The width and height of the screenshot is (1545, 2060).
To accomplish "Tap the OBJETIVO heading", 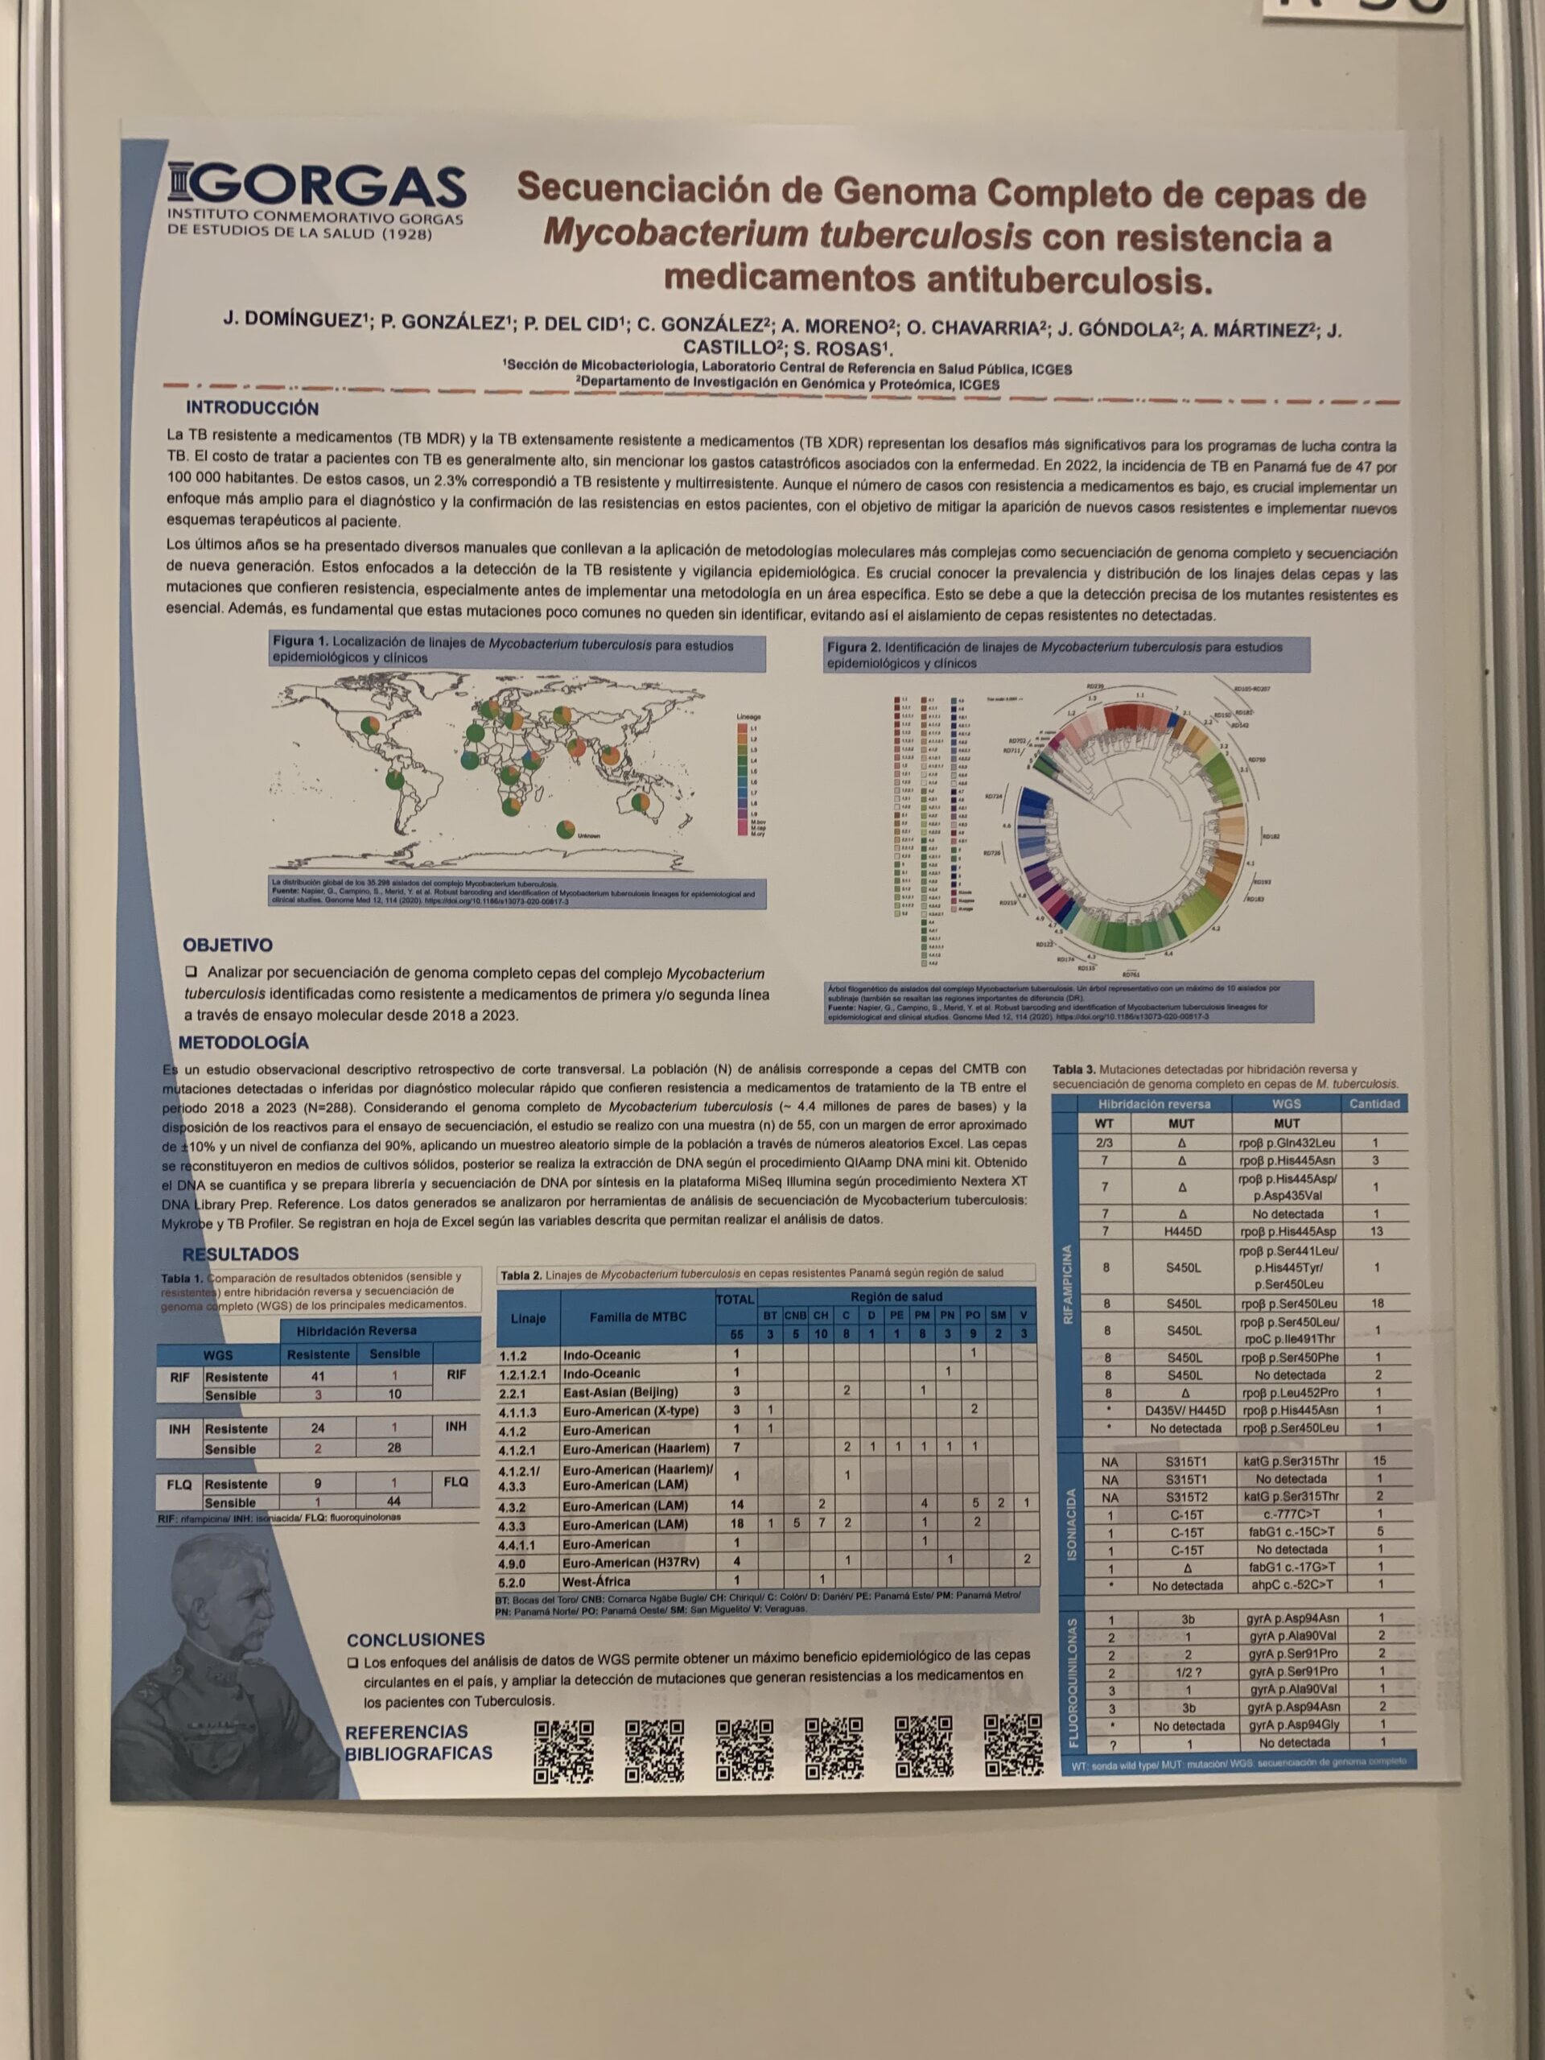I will click(227, 945).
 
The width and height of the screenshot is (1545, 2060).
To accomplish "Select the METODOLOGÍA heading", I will click(243, 1042).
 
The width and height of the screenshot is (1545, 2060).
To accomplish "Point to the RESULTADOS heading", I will click(241, 1254).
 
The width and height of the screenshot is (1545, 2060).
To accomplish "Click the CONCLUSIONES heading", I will click(415, 1639).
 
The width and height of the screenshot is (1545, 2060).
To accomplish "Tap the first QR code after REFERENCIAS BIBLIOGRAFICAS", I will click(563, 1751).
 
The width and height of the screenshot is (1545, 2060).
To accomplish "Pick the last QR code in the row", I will click(1013, 1745).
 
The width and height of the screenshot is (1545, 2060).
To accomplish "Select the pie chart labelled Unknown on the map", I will click(564, 829).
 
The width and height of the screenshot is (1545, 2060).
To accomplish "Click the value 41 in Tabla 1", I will click(318, 1375).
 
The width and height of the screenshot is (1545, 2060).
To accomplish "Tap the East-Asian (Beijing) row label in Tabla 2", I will click(620, 1391).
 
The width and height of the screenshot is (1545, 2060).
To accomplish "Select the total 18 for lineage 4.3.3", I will click(735, 1525).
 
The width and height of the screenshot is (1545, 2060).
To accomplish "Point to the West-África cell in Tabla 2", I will click(596, 1581).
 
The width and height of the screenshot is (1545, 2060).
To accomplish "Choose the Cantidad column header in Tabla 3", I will click(1374, 1103).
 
